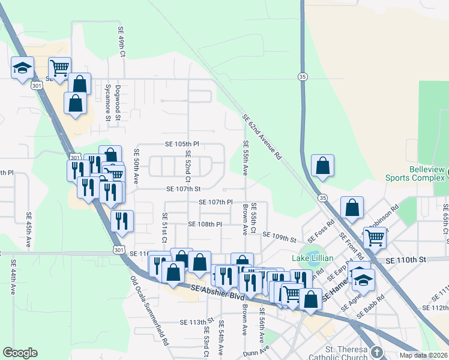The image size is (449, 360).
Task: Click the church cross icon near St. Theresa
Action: tap(376, 351)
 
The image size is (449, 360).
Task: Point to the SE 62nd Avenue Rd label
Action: tap(262, 137)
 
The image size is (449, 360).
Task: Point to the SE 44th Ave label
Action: tap(12, 277)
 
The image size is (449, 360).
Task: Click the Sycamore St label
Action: tap(108, 103)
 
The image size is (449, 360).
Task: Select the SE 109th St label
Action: tap(279, 239)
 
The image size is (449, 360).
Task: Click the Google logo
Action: tap(20, 352)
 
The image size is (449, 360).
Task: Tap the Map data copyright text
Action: tap(424, 355)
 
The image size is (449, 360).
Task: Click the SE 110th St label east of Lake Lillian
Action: tap(406, 260)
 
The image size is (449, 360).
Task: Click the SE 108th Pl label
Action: tap(205, 224)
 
